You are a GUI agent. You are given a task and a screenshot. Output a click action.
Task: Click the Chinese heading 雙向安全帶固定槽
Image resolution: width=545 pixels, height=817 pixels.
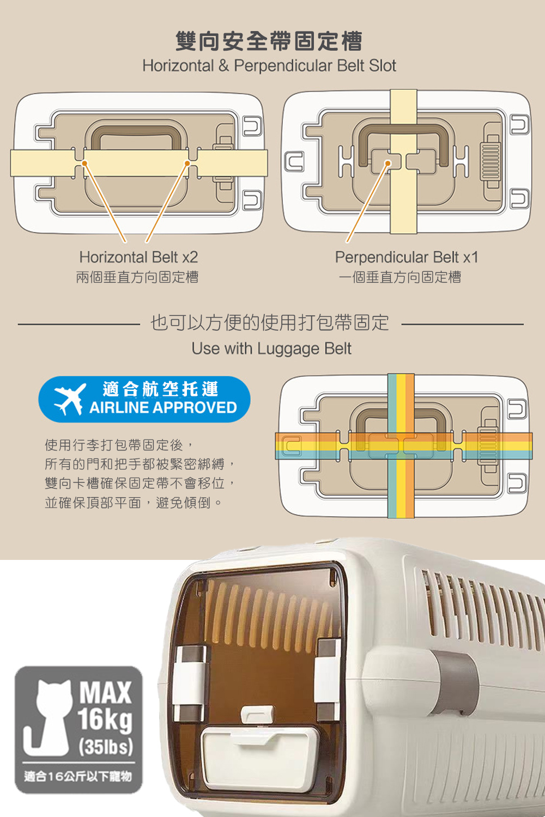point(269,41)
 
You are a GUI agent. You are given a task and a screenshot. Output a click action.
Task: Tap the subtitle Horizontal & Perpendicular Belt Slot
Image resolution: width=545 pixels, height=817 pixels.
point(269,66)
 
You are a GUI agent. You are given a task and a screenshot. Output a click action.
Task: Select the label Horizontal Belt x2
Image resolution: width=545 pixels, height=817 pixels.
point(138,257)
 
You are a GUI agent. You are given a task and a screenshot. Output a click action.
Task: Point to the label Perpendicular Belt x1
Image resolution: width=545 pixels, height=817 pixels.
point(407,257)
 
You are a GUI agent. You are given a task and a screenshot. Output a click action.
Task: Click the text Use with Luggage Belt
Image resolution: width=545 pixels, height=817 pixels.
point(271,349)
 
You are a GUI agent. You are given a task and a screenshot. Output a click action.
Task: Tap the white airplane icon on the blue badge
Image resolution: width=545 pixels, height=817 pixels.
point(70,399)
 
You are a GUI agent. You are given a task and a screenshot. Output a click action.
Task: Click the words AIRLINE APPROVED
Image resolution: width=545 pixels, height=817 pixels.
point(163,407)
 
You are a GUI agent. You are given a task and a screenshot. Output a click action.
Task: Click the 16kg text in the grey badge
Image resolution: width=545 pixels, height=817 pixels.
point(105,719)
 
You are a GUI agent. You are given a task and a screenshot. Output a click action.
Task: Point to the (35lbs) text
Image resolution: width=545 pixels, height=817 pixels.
point(106,746)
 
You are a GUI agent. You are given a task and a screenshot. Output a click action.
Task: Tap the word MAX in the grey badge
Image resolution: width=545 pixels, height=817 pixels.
point(105,693)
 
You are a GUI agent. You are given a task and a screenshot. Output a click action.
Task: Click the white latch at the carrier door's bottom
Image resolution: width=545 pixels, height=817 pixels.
point(257,714)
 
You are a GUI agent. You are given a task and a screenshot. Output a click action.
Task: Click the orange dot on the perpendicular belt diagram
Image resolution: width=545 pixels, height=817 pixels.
point(387,163)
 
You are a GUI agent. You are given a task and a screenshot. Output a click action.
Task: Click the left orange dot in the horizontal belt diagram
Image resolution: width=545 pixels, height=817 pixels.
point(84,163)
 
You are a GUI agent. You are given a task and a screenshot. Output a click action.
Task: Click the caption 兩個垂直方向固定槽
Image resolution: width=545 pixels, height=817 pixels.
point(137,277)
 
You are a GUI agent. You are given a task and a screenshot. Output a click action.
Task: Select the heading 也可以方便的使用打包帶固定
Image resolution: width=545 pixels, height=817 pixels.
point(270,323)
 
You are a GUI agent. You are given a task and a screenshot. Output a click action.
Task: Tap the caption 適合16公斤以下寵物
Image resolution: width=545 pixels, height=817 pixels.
point(78,776)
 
